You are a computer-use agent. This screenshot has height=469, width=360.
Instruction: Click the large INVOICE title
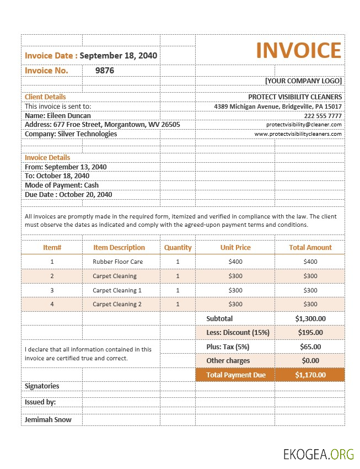[299, 50]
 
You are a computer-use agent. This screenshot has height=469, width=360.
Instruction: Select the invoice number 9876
[105, 71]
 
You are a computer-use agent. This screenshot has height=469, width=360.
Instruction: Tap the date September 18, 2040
[119, 56]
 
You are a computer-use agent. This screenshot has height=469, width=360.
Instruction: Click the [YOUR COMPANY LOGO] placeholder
[303, 81]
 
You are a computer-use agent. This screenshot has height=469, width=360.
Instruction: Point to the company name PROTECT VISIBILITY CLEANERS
[295, 97]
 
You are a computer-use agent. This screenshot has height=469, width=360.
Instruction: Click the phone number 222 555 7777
[323, 116]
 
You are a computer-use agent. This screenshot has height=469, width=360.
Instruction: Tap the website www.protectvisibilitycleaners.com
[298, 134]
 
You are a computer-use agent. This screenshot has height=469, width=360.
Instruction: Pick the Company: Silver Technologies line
[71, 134]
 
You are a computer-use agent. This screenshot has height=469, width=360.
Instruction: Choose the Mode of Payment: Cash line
[62, 185]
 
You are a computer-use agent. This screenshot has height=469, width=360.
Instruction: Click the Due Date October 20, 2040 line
[68, 195]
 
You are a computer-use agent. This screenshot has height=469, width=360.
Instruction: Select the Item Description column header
[119, 248]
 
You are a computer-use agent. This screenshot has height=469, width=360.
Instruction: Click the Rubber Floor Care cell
[118, 262]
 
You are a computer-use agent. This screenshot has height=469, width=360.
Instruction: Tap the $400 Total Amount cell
[310, 262]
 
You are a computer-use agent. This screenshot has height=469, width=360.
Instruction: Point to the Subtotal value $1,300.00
[310, 319]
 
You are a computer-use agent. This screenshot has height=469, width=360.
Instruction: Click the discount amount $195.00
[310, 333]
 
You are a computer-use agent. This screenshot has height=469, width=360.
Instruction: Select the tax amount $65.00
[310, 347]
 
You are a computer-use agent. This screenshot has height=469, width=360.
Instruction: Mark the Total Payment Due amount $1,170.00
[310, 375]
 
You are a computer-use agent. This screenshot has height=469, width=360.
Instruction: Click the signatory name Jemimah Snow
[49, 420]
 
